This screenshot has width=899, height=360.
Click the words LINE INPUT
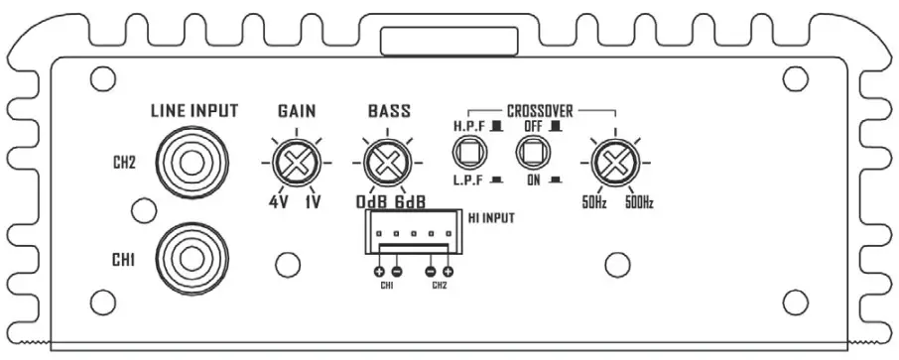click(x=193, y=111)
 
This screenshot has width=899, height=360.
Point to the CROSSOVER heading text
click(x=540, y=110)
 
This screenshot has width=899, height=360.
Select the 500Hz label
click(x=640, y=204)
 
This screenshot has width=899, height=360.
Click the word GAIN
click(x=297, y=112)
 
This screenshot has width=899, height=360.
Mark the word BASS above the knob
click(x=388, y=112)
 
